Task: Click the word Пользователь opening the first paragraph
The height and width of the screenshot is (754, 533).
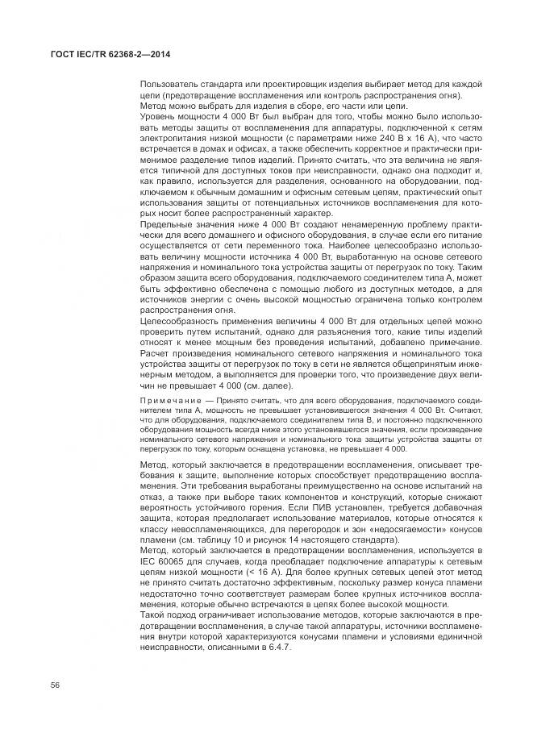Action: [167, 85]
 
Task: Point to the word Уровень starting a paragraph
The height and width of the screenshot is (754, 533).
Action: [158, 115]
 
